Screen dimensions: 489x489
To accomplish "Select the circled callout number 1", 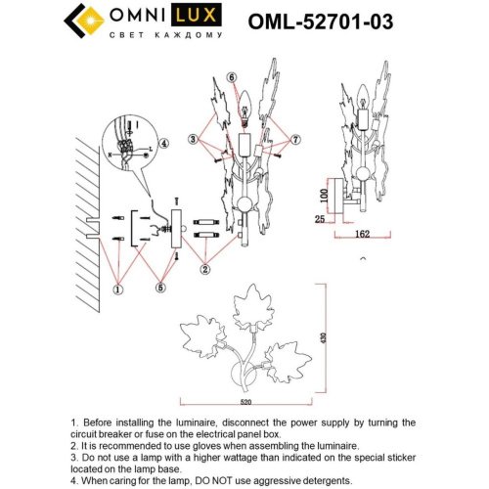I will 118,289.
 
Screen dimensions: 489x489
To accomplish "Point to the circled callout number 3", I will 195,142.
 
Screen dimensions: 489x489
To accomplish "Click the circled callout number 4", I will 164,143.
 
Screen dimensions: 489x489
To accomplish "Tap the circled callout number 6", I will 231,77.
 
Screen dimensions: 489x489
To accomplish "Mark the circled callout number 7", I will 296,142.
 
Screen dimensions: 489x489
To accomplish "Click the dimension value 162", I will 363,236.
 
